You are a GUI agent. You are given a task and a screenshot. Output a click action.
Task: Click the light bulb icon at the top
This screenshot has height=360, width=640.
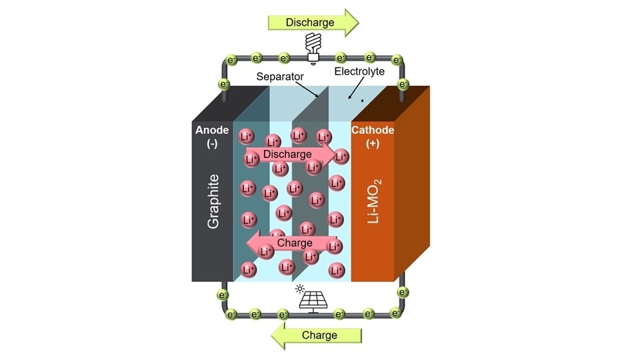(312, 47)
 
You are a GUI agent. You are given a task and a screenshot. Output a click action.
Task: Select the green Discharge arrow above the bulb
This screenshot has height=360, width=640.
(313, 22)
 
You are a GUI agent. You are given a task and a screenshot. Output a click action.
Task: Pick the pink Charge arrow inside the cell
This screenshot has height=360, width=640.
(291, 243)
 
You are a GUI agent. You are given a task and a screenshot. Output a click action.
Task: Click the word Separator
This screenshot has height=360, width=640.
(280, 77)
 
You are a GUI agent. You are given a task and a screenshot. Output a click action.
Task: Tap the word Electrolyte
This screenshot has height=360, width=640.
(359, 71)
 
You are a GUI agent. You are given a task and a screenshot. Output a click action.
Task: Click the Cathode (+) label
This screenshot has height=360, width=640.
(373, 137)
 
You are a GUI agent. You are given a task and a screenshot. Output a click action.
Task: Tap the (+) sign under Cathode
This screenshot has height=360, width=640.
(373, 144)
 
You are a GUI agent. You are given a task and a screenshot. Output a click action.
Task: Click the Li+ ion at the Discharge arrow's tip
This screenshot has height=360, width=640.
(341, 157)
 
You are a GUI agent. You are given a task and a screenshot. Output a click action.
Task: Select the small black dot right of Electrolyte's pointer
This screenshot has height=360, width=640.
(362, 101)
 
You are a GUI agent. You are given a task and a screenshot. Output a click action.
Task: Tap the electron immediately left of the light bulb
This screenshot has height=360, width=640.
(284, 59)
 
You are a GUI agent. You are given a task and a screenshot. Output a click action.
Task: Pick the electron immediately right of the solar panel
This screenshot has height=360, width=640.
(339, 313)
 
